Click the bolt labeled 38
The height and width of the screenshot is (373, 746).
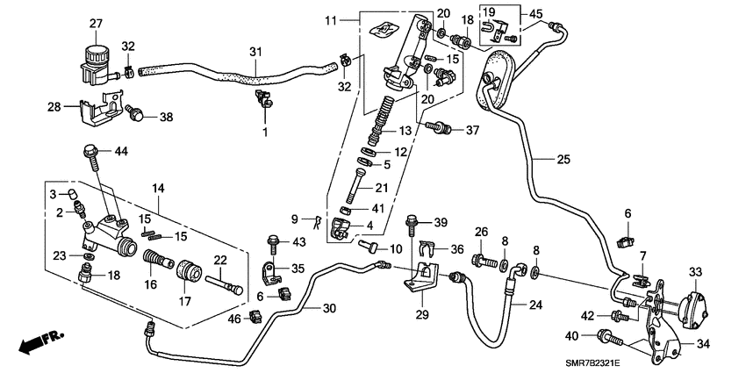pyautogui.click(x=137, y=113)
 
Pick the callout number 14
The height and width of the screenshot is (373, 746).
pyautogui.click(x=158, y=187)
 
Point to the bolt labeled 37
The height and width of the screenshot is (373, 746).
pyautogui.click(x=439, y=130)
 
